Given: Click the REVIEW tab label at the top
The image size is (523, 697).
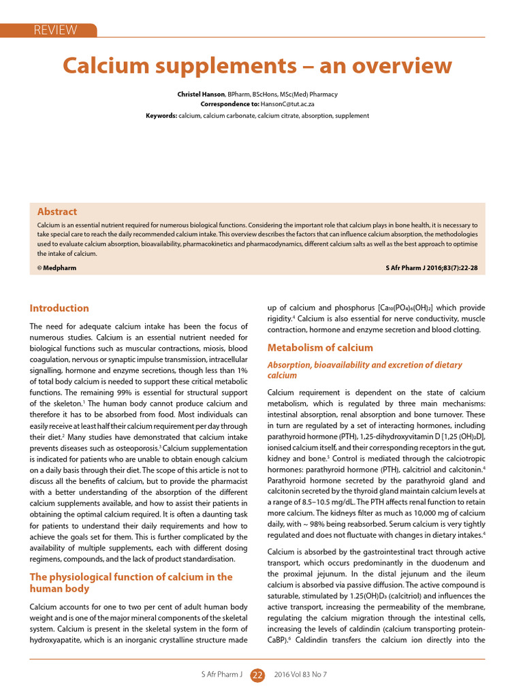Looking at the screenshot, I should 56,30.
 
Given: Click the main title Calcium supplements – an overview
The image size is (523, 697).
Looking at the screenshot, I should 257,66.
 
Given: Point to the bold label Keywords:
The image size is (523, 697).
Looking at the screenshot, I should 161,116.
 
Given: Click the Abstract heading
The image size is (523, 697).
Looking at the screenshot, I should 57,212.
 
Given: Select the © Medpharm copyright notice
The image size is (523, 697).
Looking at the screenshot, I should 57,268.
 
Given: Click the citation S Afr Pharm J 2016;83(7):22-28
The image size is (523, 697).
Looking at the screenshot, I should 431,268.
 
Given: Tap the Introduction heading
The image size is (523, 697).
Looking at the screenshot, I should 59,308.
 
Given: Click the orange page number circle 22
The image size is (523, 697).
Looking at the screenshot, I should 257,675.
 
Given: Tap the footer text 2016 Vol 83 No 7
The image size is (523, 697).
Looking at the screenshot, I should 300,675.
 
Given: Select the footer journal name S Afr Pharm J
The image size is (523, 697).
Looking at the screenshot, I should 221,675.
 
